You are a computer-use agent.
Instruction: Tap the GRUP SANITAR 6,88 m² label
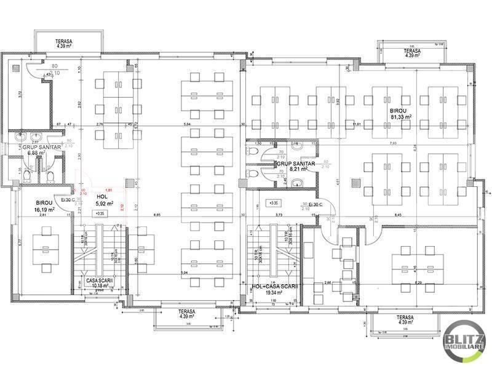(x=41, y=151)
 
